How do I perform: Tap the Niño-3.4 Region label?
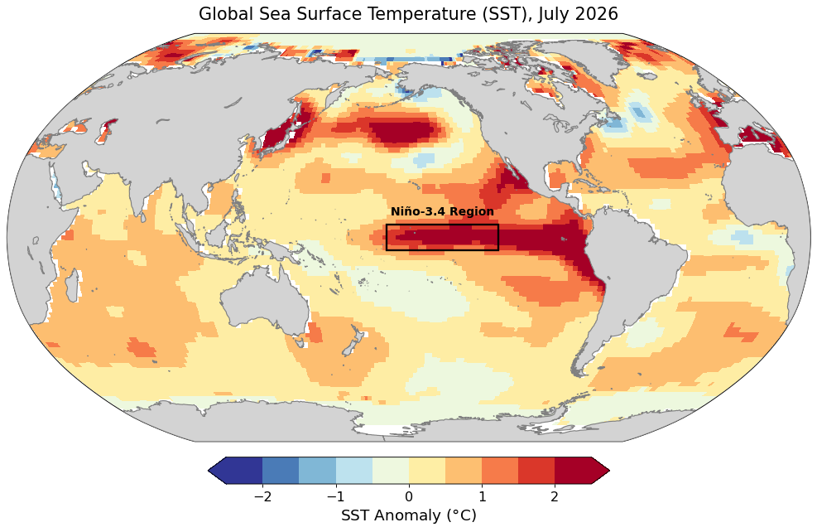(442, 211)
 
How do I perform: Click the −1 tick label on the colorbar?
(335, 496)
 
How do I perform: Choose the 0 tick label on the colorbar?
(409, 496)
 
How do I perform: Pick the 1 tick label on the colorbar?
(482, 496)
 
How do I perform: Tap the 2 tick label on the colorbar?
(555, 496)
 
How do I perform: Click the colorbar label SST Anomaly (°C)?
(409, 515)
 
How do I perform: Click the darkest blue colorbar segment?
(244, 471)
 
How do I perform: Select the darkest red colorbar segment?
(573, 471)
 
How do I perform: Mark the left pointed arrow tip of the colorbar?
(208, 471)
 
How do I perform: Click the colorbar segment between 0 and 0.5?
(427, 471)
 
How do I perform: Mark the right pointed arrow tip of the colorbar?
(609, 471)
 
